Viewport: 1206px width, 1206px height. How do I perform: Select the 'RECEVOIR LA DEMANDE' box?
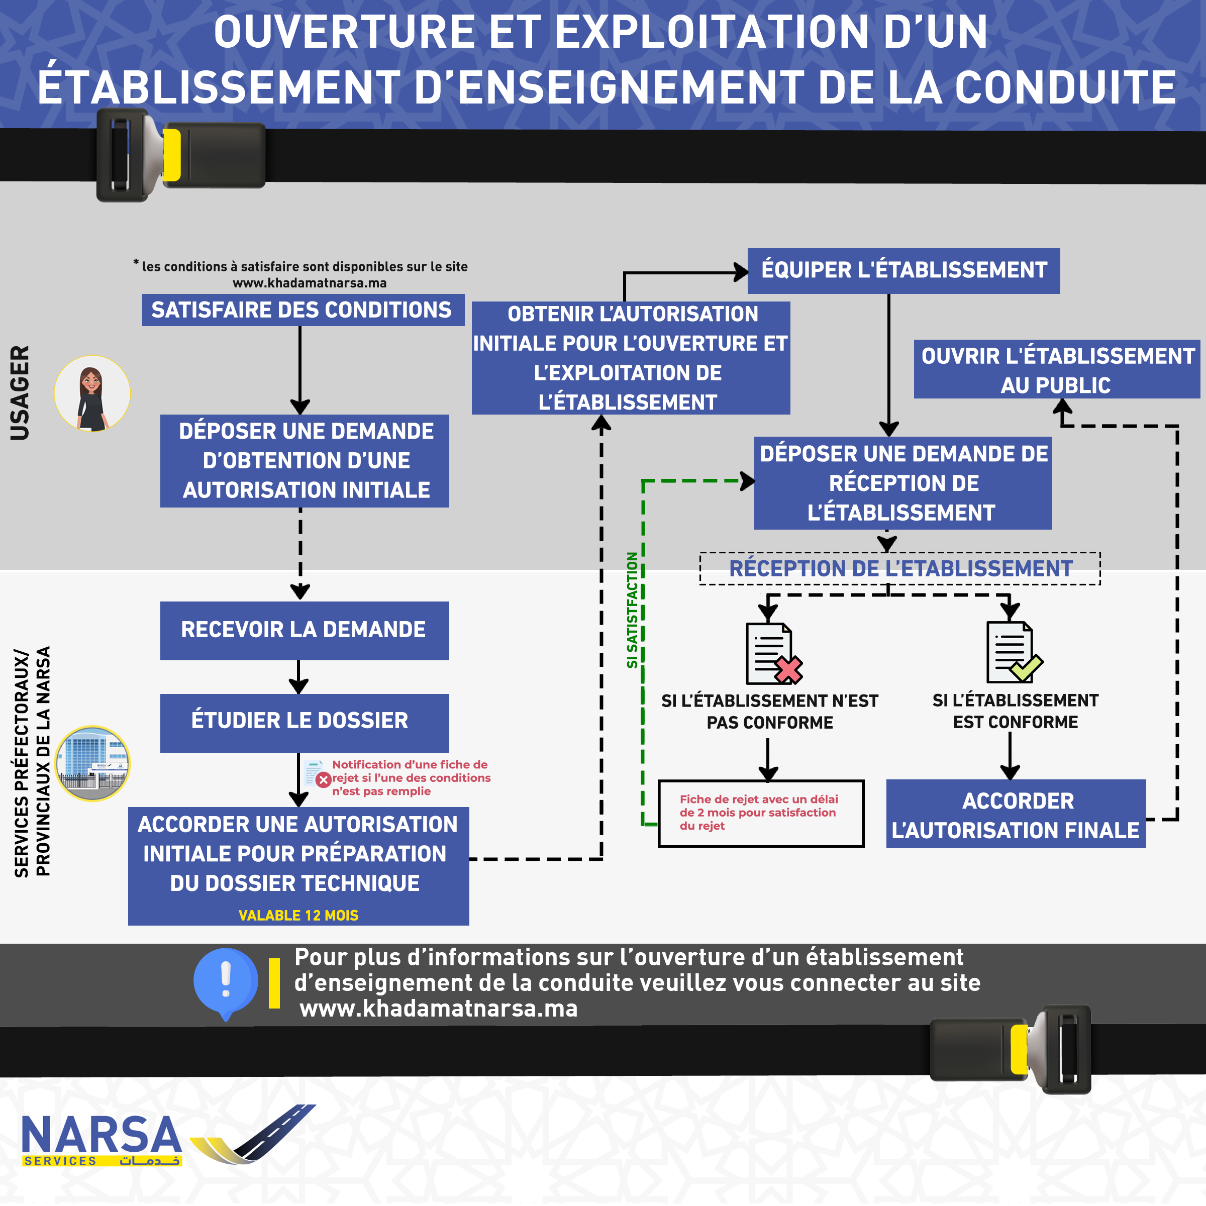[304, 631]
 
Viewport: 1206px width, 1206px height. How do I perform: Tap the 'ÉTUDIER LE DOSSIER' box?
[304, 722]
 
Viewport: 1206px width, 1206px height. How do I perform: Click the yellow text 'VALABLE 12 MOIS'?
[298, 915]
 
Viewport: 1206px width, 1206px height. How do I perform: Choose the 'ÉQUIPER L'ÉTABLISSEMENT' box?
[903, 271]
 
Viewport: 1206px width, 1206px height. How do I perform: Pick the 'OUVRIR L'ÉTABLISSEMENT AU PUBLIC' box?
[1056, 369]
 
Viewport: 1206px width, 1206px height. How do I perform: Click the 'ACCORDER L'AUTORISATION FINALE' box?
[1016, 814]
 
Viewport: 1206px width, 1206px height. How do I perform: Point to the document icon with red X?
[773, 654]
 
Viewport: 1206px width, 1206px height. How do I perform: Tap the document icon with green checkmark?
[1013, 652]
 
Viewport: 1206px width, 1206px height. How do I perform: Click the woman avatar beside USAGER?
[92, 394]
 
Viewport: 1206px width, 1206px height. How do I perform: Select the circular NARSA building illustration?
[92, 763]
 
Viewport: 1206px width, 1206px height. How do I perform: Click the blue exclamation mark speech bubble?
[225, 981]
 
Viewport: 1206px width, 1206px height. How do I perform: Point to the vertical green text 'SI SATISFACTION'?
[632, 610]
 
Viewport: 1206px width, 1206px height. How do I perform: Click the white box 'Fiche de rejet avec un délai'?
[761, 814]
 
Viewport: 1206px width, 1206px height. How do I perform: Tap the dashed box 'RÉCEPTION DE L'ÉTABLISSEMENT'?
[899, 569]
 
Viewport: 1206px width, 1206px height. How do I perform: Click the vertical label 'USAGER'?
[20, 393]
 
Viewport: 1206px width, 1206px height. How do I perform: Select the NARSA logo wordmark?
[102, 1136]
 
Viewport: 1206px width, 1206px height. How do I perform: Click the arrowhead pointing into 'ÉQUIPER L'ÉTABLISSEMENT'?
[742, 272]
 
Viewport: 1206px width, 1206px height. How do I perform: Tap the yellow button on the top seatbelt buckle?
[172, 155]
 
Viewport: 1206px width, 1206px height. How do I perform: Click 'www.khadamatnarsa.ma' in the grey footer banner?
[439, 1009]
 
